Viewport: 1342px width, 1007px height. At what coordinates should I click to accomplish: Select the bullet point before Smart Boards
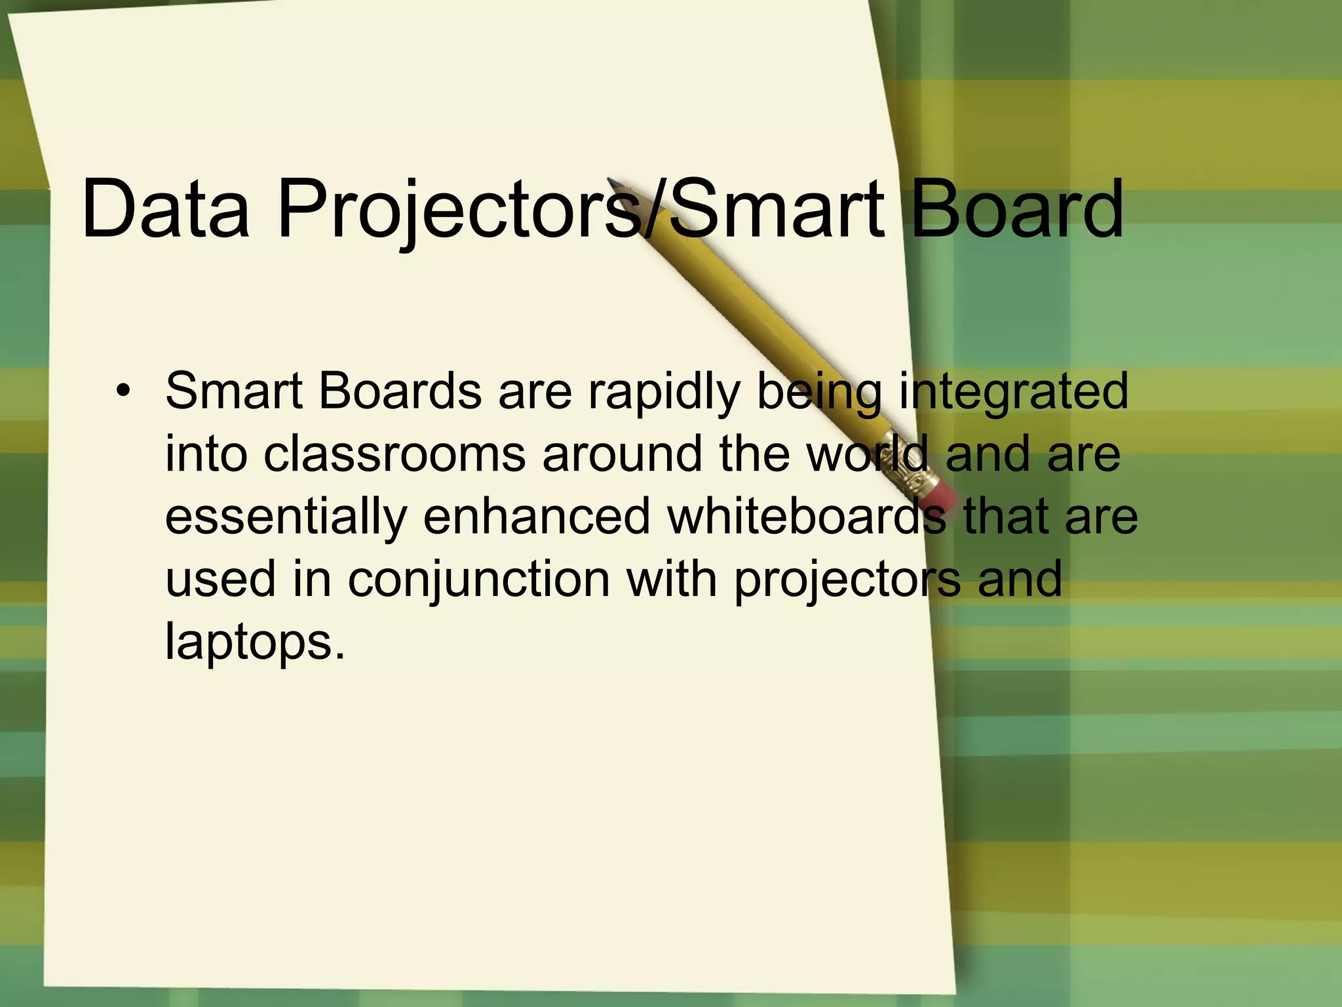122,392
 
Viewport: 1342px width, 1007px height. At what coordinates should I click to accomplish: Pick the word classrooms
394,454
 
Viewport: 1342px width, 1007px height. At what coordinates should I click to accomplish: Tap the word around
623,454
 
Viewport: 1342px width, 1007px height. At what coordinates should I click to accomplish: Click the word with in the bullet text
672,580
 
